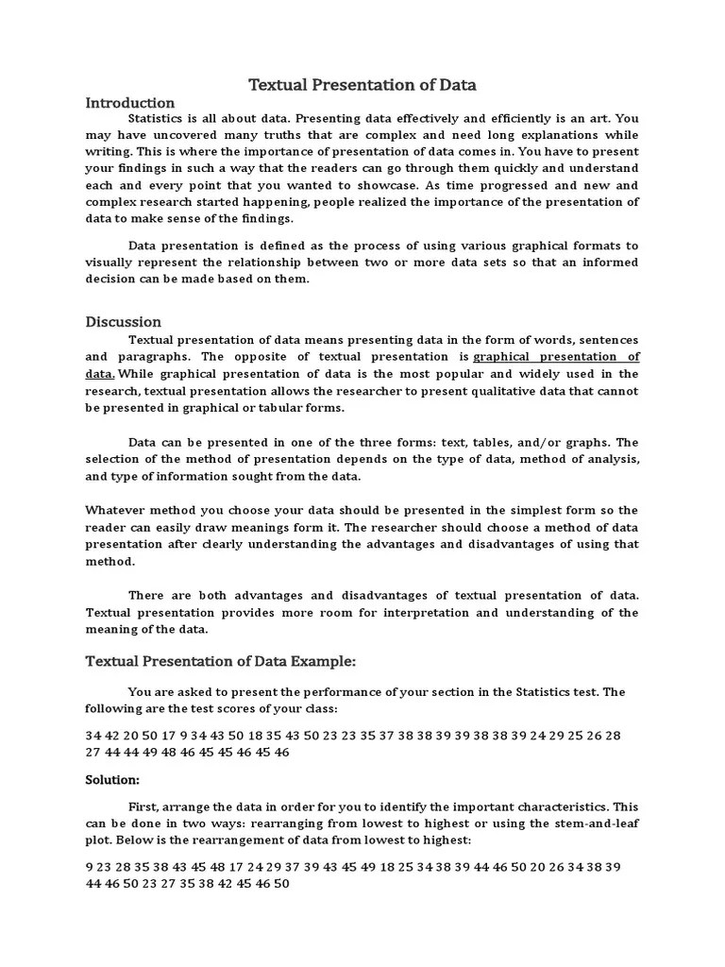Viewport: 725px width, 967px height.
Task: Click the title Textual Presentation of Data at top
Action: coord(362,85)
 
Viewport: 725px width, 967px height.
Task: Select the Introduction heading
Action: coord(130,102)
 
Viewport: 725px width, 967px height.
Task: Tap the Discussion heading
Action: coord(124,322)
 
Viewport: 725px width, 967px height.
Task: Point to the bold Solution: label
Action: coord(112,780)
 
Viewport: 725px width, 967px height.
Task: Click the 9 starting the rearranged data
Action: coord(90,866)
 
